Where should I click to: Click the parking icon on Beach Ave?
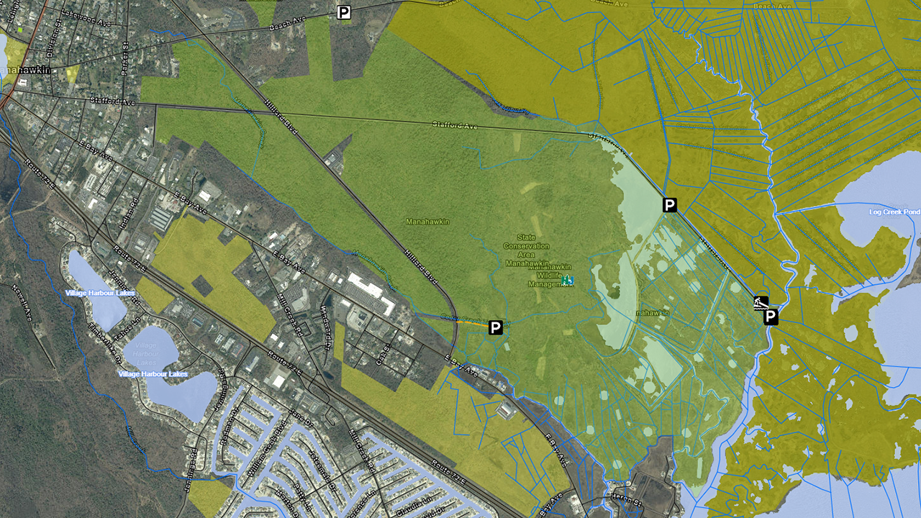tap(344, 12)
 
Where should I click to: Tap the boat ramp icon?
tap(761, 302)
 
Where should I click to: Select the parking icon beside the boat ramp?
tap(771, 317)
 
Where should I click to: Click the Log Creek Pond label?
tap(894, 212)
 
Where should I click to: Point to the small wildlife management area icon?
tap(568, 280)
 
